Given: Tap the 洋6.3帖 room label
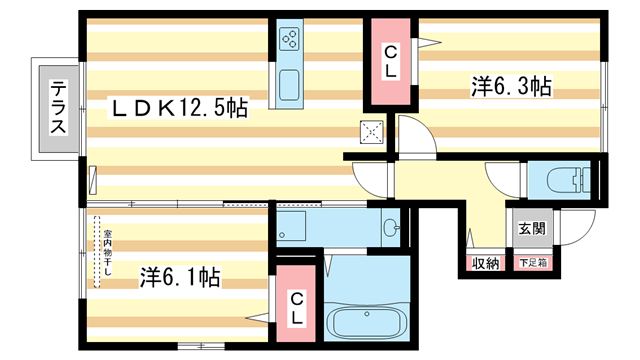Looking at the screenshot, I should [511, 87].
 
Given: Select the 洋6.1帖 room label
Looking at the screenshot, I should [180, 276].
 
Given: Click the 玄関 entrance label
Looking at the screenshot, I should [532, 228].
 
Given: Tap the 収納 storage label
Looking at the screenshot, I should [485, 264].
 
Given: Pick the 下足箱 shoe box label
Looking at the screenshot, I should [532, 264].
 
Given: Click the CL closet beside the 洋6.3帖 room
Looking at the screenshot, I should [391, 63].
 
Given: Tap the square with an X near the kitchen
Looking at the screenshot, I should [372, 131].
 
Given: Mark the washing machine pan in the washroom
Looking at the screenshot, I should [294, 226].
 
